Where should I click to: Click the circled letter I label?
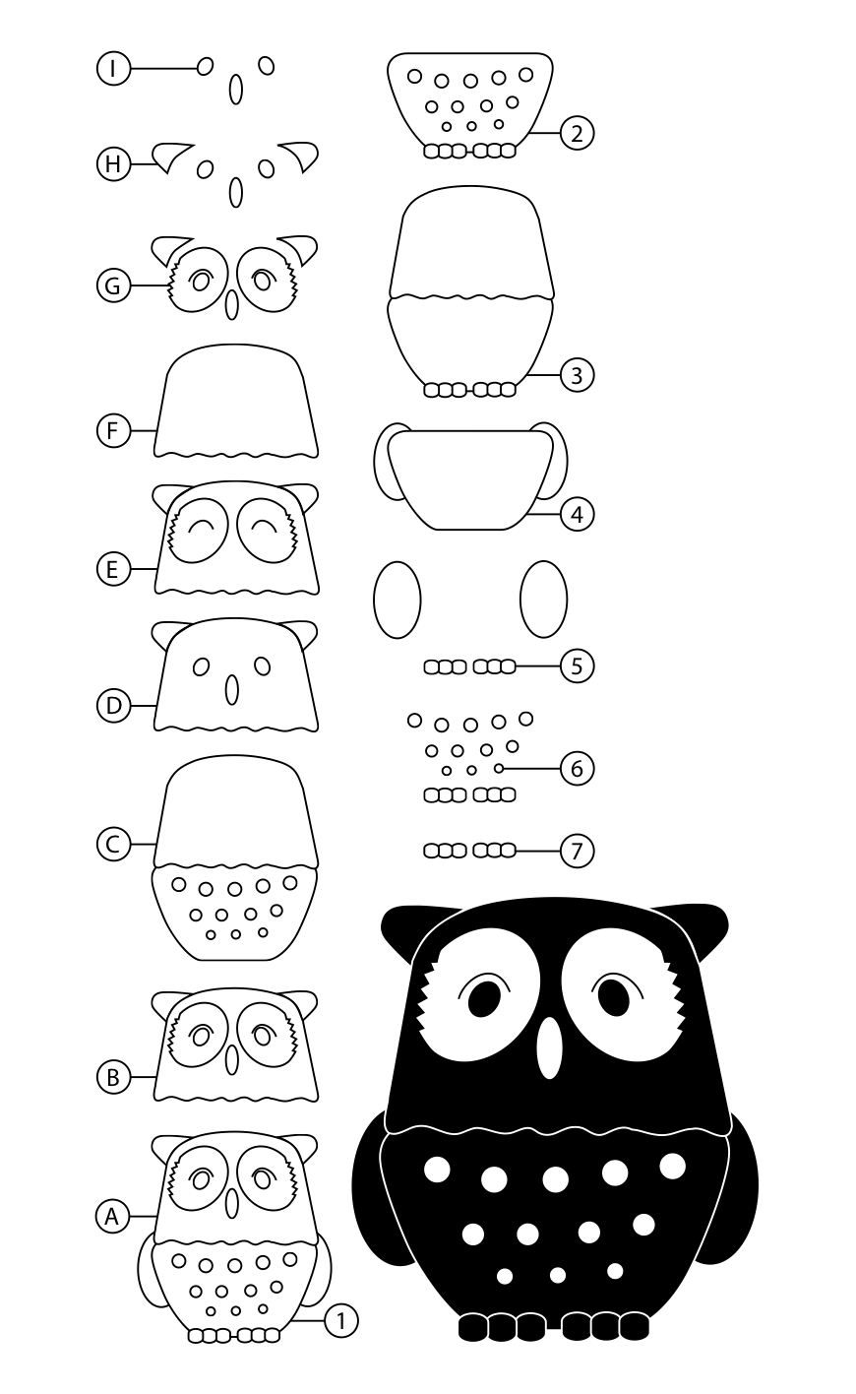113,68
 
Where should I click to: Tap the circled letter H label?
113,164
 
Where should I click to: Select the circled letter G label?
113,285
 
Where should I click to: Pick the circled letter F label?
113,430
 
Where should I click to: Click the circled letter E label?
113,569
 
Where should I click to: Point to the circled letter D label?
113,706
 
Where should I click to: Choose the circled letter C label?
113,845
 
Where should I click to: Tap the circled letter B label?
113,1077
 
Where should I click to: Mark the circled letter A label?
112,1216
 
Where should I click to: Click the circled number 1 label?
340,1320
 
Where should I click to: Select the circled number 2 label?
577,133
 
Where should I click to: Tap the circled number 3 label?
577,375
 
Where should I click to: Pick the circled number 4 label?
577,515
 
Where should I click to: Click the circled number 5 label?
577,665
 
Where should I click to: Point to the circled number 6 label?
577,769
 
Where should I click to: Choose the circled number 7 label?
577,851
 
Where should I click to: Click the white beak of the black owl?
549,1047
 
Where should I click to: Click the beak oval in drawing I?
236,90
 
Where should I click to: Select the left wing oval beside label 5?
397,600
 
